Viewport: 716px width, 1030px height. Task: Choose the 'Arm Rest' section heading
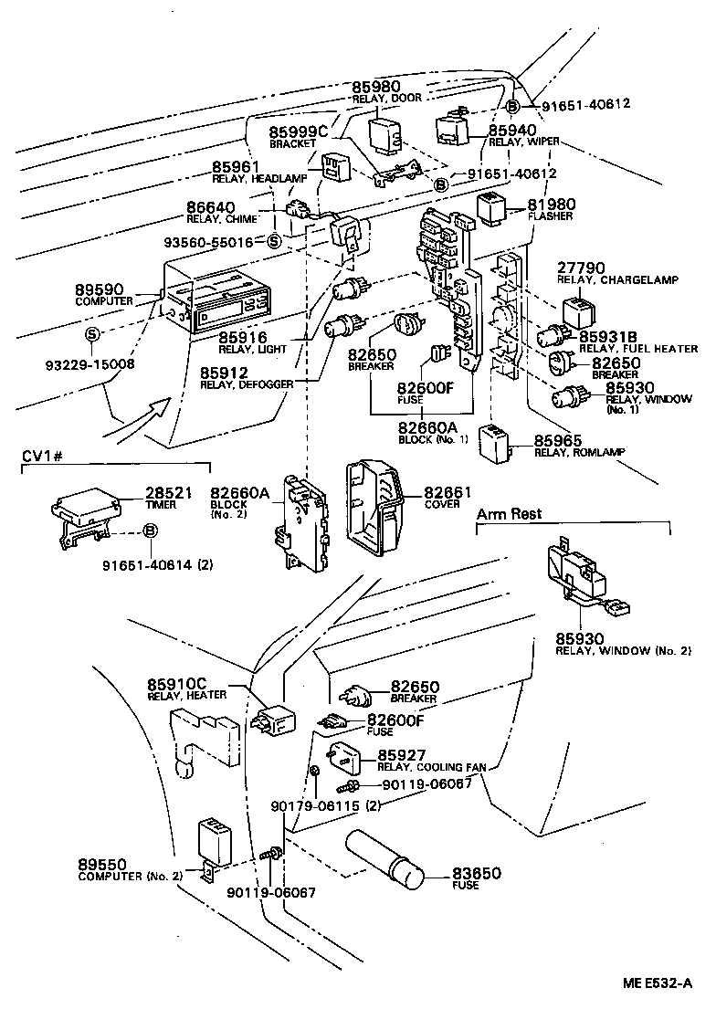click(509, 514)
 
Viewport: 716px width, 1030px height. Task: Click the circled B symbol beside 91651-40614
click(151, 531)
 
